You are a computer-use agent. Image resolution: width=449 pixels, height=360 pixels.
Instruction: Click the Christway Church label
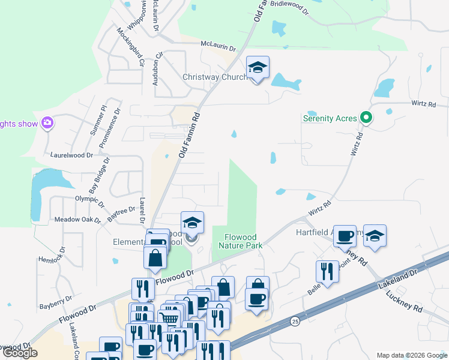click(215, 77)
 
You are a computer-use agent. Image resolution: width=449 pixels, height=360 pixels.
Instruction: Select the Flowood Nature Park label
click(241, 241)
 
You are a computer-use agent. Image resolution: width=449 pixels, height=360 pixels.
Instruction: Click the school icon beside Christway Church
click(258, 68)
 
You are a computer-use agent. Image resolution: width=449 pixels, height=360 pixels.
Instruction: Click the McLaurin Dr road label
click(218, 46)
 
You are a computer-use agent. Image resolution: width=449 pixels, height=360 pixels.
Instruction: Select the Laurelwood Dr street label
click(72, 155)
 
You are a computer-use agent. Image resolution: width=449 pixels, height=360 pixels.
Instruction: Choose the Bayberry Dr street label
click(56, 298)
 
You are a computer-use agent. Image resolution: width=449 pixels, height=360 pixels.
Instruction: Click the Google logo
click(20, 353)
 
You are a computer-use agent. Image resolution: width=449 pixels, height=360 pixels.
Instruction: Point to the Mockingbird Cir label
click(131, 47)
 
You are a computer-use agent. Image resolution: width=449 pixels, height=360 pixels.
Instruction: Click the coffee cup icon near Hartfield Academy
click(345, 236)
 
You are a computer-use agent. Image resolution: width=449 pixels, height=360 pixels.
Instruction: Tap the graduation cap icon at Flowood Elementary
click(192, 223)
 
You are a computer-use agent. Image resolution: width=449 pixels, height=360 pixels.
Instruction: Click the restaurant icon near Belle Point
click(327, 272)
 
